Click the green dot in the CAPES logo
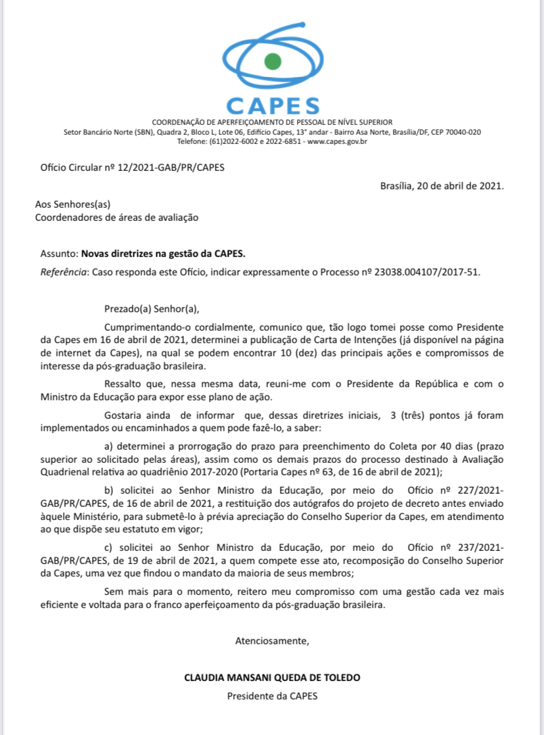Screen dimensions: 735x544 [272, 62]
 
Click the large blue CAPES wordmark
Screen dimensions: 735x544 [272, 106]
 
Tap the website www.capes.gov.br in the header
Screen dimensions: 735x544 [337, 141]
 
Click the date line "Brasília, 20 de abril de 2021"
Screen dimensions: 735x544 [442, 186]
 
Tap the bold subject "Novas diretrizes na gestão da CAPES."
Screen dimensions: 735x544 [163, 252]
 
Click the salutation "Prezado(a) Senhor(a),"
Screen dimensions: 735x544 [151, 308]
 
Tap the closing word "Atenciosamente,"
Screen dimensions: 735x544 [272, 640]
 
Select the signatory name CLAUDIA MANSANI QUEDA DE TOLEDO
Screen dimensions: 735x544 [272, 677]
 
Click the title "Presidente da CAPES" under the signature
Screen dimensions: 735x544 [272, 696]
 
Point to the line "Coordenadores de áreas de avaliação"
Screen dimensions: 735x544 [116, 216]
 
